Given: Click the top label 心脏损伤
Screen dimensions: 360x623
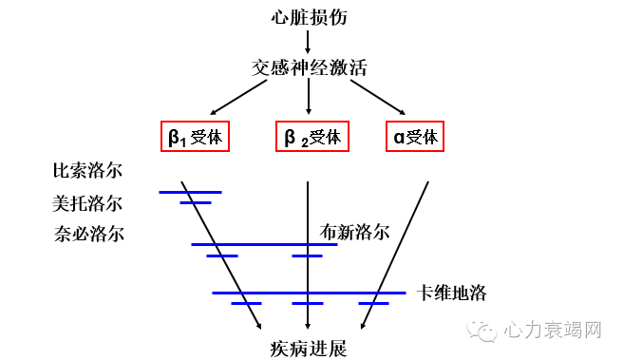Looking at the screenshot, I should [309, 17].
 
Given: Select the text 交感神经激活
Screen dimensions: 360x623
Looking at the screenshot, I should [309, 69].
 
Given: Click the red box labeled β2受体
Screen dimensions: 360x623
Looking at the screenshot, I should [311, 137].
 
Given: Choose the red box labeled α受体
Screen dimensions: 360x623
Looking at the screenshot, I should [416, 137].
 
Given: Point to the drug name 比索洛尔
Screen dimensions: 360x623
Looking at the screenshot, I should [87, 172].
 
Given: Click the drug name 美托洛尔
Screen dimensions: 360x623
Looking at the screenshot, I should [87, 202].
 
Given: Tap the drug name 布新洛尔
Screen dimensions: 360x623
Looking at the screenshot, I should [355, 231].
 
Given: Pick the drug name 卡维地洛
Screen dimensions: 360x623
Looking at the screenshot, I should [452, 293].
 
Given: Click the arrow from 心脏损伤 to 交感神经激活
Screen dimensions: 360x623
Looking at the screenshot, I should [309, 42].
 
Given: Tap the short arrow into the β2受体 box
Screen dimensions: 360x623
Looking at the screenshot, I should [309, 99].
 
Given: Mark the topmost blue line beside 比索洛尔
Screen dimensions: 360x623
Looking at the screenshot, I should [190, 192].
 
